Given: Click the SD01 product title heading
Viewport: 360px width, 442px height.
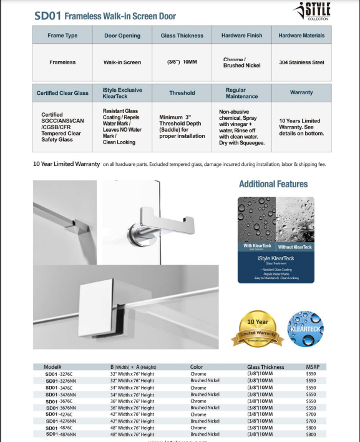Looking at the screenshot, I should pos(105,16).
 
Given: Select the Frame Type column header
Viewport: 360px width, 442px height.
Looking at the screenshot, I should pos(62,36).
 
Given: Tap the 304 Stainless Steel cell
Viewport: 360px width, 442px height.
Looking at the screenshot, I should pos(301,62).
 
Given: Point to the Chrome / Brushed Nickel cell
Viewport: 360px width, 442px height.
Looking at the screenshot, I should pos(242,62).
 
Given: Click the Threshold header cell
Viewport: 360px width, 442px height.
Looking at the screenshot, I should pos(182,93).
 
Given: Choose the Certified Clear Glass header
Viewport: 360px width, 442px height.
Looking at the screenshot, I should pos(62,93).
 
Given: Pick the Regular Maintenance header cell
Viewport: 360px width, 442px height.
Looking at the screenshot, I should pos(242,93).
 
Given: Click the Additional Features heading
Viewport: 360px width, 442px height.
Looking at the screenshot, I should pos(273,184).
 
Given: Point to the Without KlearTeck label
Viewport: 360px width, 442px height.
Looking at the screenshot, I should pos(294,247).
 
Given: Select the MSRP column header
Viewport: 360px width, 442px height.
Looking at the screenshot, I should pos(313,367).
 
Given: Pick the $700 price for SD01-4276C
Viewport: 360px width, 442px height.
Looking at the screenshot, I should pos(311,414).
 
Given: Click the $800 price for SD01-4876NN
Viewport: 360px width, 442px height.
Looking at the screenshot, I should pos(311,434).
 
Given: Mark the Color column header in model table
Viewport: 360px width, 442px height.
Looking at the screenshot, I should pos(197,367).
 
